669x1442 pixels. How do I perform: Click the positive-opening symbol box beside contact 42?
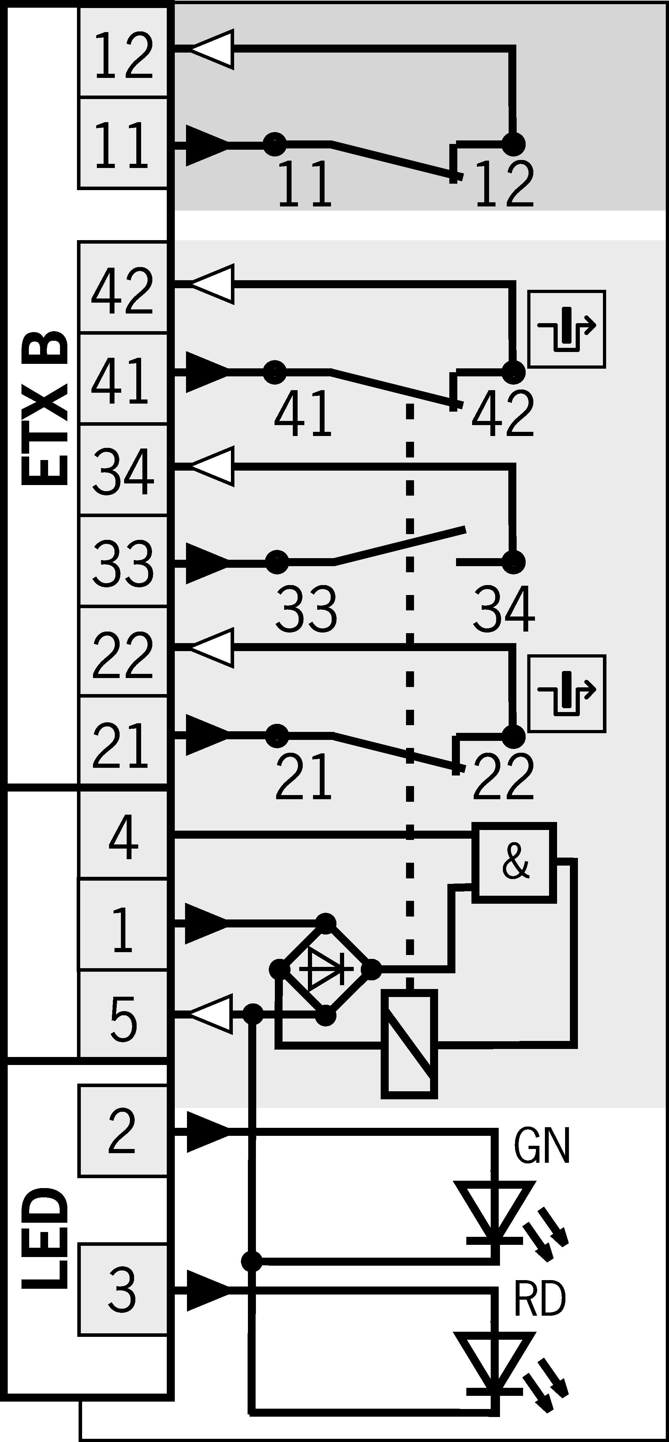(x=567, y=329)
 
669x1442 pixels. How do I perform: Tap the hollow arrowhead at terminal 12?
(x=212, y=49)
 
